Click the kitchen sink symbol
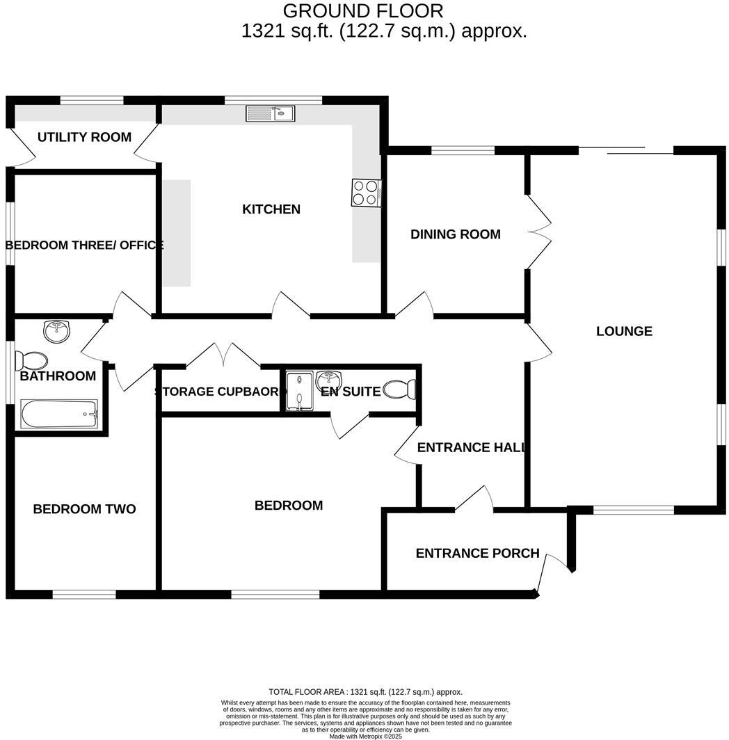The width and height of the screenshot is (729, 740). pos(271,114)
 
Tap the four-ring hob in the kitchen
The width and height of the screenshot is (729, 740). pos(366,193)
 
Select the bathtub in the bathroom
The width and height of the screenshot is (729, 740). pos(59,415)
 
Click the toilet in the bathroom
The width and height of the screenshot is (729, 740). pos(32,360)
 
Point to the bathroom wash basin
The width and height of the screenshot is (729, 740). pos(56,331)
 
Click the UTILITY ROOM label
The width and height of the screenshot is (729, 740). pos(84,137)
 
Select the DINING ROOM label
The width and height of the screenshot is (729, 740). pos(455,234)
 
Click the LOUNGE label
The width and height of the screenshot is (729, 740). pos(624,331)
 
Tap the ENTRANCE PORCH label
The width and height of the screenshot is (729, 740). pos(477,553)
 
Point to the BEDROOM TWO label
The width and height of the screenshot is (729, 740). pos(84,509)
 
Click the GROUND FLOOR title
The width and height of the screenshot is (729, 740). pos(362,11)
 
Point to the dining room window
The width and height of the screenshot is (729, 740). pos(463,150)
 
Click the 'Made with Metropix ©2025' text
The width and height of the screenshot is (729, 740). pos(365,736)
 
